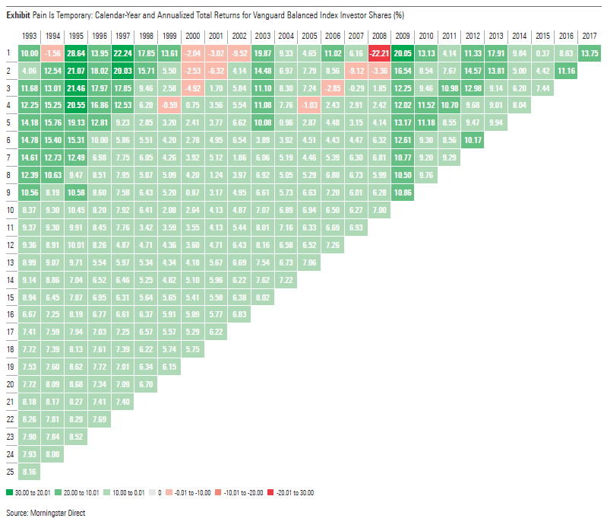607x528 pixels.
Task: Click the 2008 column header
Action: coord(378,37)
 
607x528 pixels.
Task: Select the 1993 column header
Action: coord(30,37)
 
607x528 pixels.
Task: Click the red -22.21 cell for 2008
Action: coord(378,52)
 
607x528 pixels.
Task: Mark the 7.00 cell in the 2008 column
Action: coord(378,210)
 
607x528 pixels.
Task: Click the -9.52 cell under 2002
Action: coord(239,52)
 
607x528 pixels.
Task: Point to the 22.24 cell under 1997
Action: coord(122,52)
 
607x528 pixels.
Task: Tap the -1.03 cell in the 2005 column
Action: coord(308,105)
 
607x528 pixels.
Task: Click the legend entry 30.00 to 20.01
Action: coord(30,492)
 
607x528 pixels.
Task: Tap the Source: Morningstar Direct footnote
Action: coord(45,514)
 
